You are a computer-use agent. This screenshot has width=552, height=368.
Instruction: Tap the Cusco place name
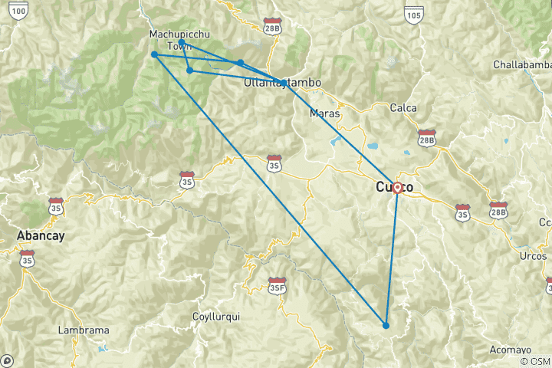pyautogui.click(x=394, y=188)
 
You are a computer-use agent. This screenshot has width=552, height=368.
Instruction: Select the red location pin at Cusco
pyautogui.click(x=398, y=187)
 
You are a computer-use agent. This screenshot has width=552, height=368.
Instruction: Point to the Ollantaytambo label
pyautogui.click(x=282, y=82)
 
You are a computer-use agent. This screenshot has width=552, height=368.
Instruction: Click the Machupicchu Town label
pyautogui.click(x=179, y=40)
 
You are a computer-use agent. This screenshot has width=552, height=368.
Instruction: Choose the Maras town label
pyautogui.click(x=324, y=113)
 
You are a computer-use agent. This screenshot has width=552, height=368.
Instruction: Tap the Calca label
pyautogui.click(x=403, y=108)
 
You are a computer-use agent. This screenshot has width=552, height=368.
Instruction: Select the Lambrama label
pyautogui.click(x=84, y=330)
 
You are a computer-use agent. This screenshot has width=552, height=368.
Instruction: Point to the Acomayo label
pyautogui.click(x=511, y=350)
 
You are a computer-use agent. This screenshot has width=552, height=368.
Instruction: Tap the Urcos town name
pyautogui.click(x=532, y=255)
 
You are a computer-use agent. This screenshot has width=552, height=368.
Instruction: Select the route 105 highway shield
pyautogui.click(x=414, y=14)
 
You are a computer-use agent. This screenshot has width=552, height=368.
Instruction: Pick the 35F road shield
pyautogui.click(x=277, y=286)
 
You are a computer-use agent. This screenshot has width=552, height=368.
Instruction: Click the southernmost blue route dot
pyautogui.click(x=386, y=326)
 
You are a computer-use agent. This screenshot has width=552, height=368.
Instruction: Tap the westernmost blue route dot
pyautogui.click(x=154, y=54)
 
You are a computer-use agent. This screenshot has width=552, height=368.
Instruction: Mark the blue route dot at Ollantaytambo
pyautogui.click(x=284, y=83)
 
